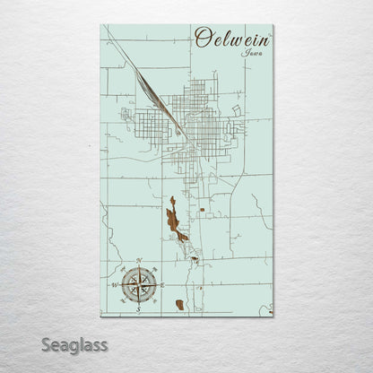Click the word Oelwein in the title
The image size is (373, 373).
(231, 39)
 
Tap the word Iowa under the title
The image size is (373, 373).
(252, 53)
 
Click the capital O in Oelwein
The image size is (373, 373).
(202, 38)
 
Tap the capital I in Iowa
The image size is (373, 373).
(243, 53)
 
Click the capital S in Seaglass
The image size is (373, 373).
(43, 344)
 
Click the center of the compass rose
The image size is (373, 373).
(138, 284)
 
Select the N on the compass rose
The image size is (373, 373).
(138, 263)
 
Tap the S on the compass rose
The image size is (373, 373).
(138, 306)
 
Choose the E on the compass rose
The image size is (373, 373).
(160, 284)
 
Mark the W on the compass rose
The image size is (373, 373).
(116, 284)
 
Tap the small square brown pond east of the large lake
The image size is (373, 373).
(203, 210)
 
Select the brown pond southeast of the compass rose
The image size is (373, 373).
(180, 305)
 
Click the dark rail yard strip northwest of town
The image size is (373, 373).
(147, 89)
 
